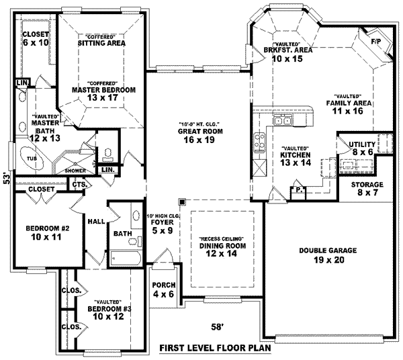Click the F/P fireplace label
[x=376, y=42]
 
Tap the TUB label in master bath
[x=32, y=159]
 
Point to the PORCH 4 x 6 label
[x=163, y=289]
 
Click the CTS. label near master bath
[x=79, y=184]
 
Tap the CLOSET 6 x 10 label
[x=36, y=38]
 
